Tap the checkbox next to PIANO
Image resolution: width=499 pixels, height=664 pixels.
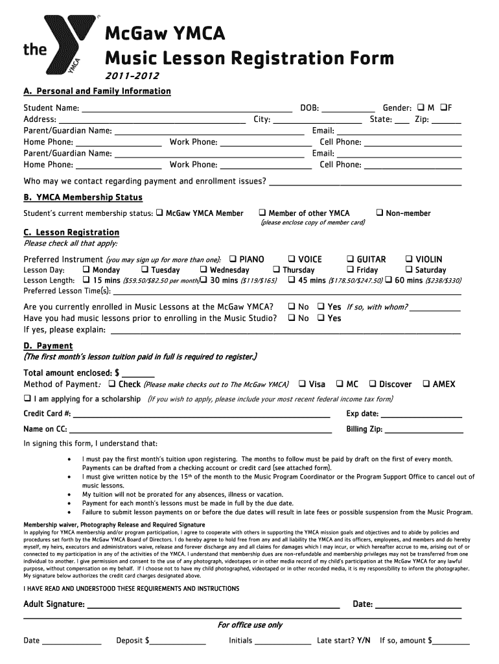(233, 259)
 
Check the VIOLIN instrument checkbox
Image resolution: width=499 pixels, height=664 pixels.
(409, 259)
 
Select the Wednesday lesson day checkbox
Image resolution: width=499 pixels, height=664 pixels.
(203, 270)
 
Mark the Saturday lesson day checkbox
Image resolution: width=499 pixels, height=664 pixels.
(409, 270)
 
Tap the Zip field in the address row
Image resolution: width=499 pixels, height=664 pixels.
(447, 120)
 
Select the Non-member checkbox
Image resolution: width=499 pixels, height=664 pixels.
(380, 213)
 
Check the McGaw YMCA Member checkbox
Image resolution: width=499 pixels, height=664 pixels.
(159, 213)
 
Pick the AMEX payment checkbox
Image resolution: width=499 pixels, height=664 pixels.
(426, 384)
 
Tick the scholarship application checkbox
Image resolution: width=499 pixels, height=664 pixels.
(27, 399)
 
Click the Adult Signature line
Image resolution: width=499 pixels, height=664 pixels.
(213, 606)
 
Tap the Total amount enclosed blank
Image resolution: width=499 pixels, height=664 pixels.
(138, 373)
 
